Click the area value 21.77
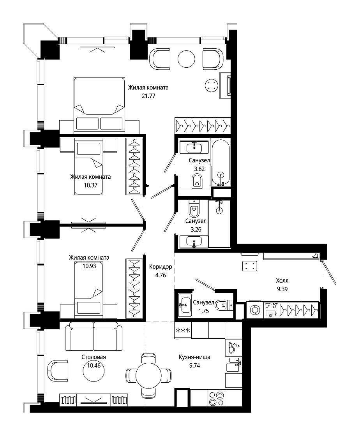[x=148, y=96]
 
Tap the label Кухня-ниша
[x=194, y=357]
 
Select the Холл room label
[x=282, y=280]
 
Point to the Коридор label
[x=161, y=267]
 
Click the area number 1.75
[x=203, y=311]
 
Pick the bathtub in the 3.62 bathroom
[x=221, y=162]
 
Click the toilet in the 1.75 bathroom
[x=224, y=305]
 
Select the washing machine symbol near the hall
[x=255, y=310]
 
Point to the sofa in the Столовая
[x=94, y=336]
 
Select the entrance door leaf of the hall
[x=329, y=272]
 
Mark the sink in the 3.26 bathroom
[x=194, y=241]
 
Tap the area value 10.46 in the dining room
[x=94, y=366]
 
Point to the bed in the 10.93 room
[x=89, y=289]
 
